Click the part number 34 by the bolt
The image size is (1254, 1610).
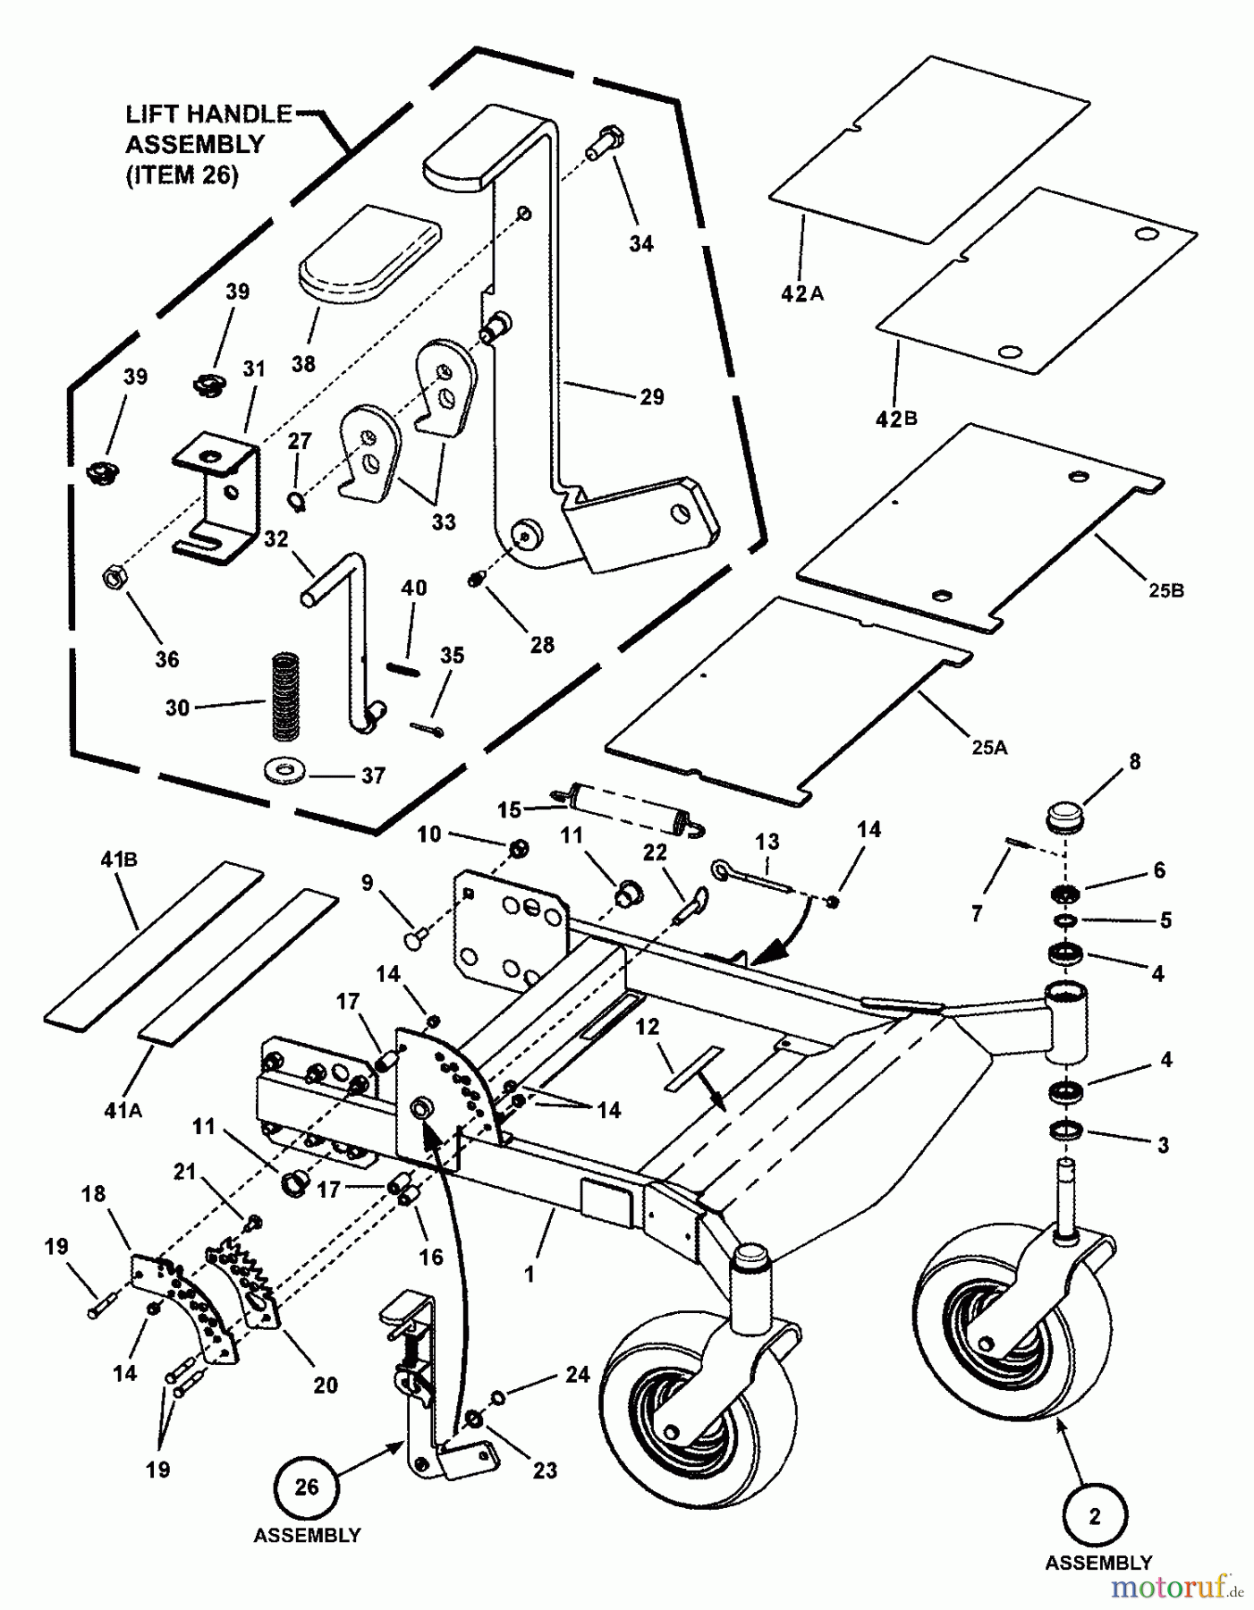(x=640, y=243)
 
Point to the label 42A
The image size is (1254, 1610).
(x=801, y=292)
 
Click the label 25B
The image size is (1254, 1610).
(x=1165, y=590)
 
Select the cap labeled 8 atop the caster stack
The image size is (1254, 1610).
(x=1063, y=818)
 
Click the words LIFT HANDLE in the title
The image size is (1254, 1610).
(x=208, y=114)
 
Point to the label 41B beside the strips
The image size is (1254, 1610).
(x=118, y=860)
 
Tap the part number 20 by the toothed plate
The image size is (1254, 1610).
(x=326, y=1385)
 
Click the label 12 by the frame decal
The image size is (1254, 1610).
(x=648, y=1027)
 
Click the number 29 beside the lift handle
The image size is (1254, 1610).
(x=652, y=396)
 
